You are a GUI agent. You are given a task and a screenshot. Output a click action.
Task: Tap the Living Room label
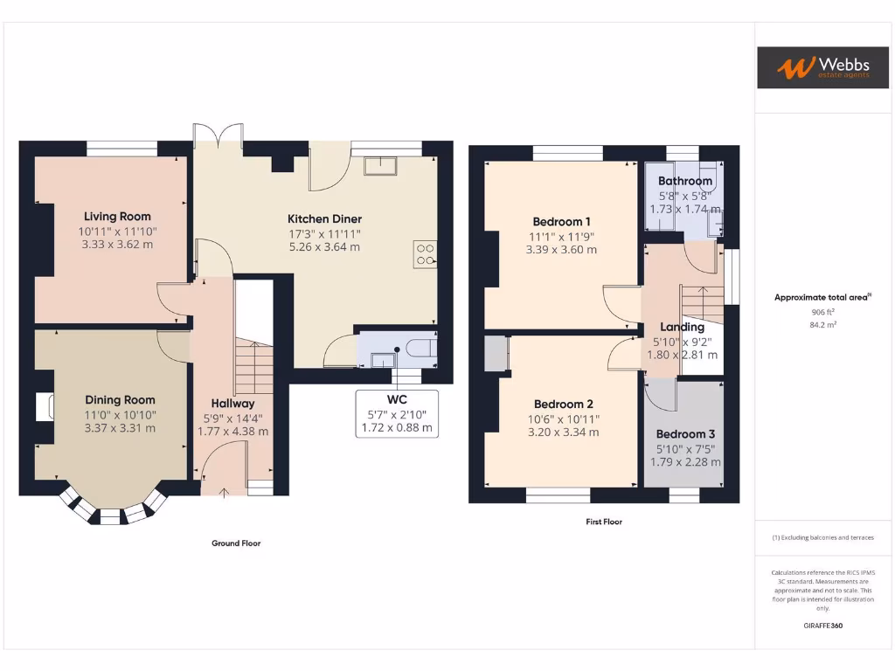tap(117, 217)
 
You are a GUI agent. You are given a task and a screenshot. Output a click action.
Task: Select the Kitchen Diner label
tap(324, 219)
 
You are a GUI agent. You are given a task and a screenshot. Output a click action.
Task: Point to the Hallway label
tap(232, 404)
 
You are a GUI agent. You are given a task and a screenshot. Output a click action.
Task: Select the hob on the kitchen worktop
tap(426, 253)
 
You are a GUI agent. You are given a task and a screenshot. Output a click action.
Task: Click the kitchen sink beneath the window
tap(381, 166)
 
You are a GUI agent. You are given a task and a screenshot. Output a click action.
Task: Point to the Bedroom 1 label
tap(561, 221)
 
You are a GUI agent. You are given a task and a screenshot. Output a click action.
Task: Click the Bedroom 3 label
tap(685, 434)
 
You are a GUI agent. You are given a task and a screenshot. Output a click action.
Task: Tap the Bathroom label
tap(685, 182)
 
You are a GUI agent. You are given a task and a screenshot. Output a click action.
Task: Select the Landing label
tap(682, 328)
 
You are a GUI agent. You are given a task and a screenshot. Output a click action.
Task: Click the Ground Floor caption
tap(236, 543)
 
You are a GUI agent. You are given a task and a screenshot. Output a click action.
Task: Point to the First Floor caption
tap(604, 522)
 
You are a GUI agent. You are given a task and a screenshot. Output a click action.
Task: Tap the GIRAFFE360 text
tap(823, 626)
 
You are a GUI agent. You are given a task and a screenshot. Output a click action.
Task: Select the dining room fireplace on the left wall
tap(44, 407)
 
